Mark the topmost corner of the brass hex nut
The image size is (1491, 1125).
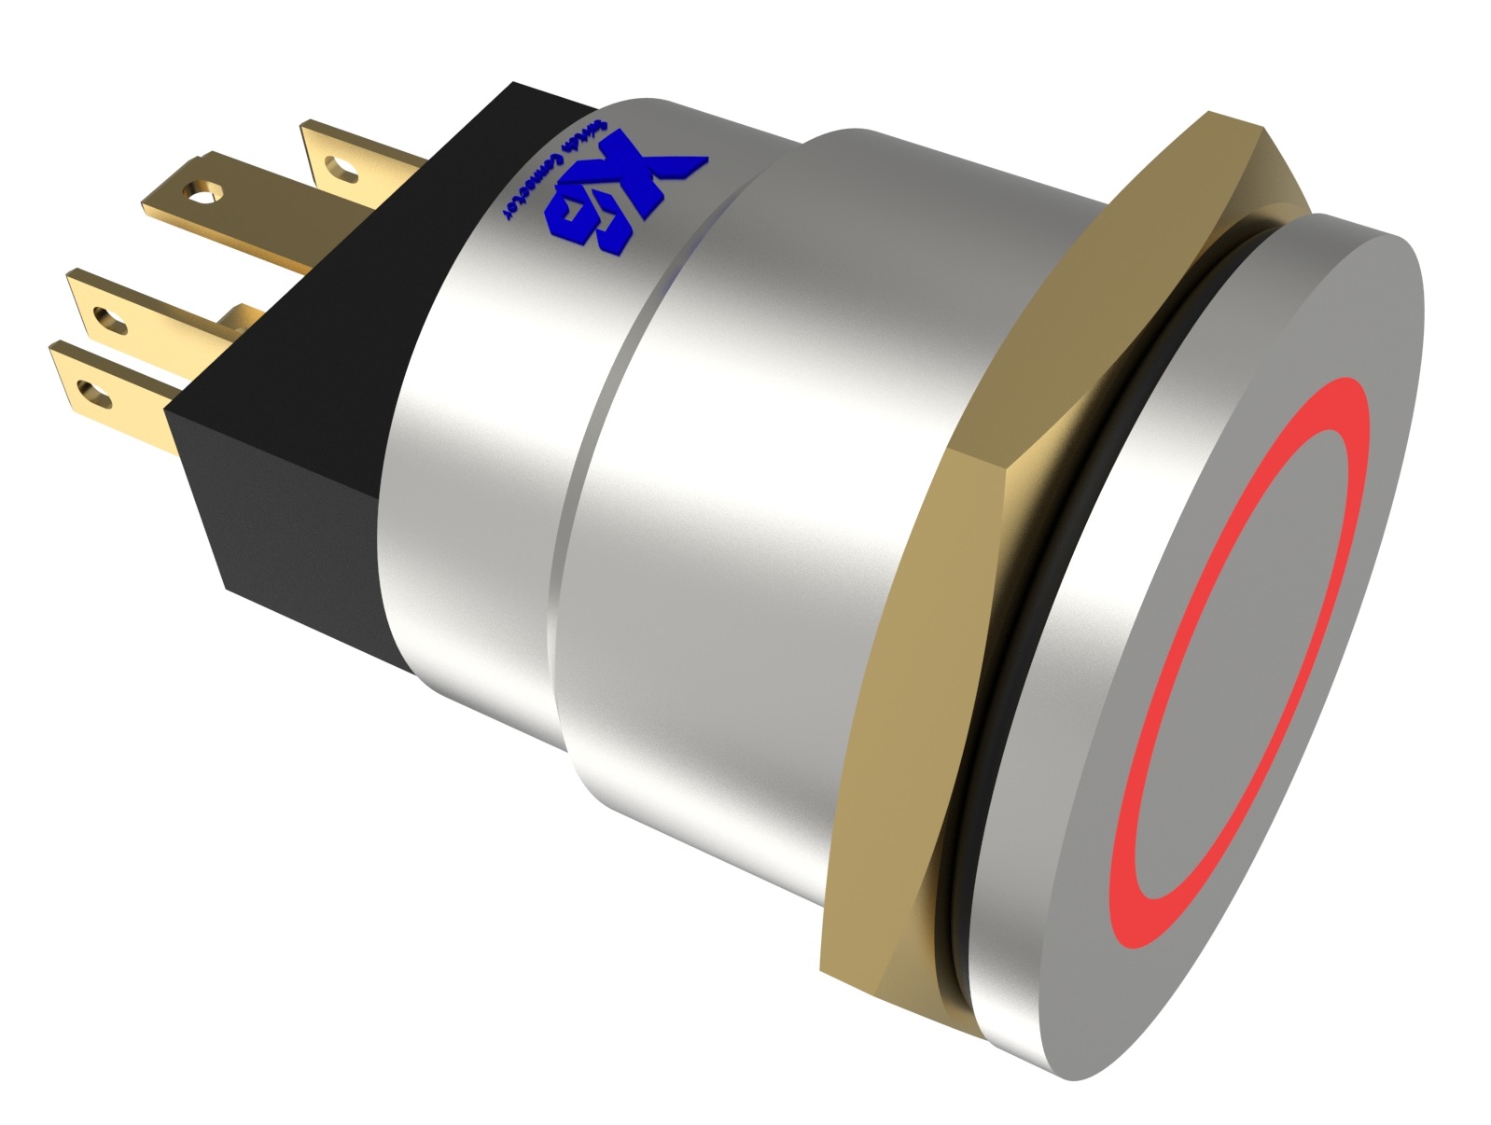(x=1210, y=116)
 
